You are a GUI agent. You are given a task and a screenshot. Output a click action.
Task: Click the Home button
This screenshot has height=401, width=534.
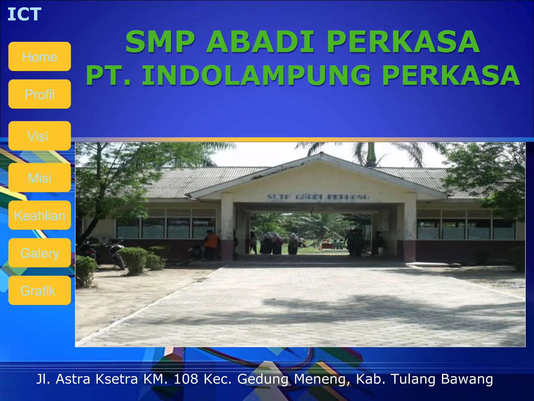tap(40, 56)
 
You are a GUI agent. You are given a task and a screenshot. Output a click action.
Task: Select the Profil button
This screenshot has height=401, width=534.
tap(40, 94)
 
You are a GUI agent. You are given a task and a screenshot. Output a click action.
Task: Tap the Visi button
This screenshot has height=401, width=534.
tap(40, 136)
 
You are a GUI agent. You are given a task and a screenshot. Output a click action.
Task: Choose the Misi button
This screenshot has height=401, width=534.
tap(40, 178)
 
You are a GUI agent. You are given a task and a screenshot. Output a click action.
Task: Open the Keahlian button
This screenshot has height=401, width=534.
tap(40, 215)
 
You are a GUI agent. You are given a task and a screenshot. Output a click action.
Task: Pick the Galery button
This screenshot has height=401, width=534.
tap(40, 253)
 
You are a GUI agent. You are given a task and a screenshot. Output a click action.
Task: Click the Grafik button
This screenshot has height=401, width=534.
tap(40, 290)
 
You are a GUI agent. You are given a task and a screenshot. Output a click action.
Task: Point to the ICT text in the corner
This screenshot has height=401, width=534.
tap(24, 14)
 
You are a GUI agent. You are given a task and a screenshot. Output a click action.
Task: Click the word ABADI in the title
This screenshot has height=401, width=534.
tap(260, 42)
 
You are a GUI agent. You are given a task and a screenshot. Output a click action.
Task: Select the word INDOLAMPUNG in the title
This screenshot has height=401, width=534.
tap(256, 76)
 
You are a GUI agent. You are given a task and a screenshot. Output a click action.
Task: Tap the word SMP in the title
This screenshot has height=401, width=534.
tap(160, 42)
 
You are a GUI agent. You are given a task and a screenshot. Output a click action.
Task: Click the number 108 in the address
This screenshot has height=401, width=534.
tap(186, 379)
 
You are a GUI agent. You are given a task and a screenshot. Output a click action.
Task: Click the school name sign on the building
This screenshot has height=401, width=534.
tap(318, 197)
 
